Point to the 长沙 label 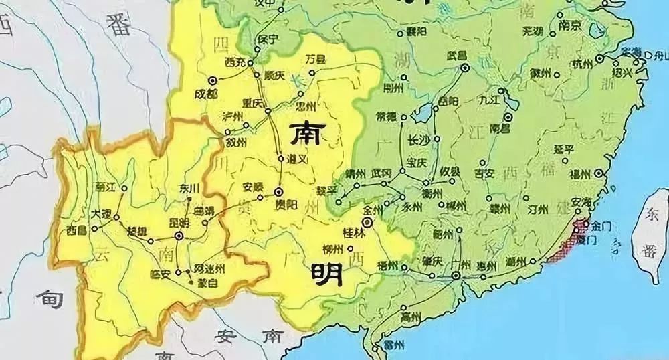[x=419, y=140]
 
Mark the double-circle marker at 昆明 [x=179, y=236]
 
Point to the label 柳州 [x=332, y=249]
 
